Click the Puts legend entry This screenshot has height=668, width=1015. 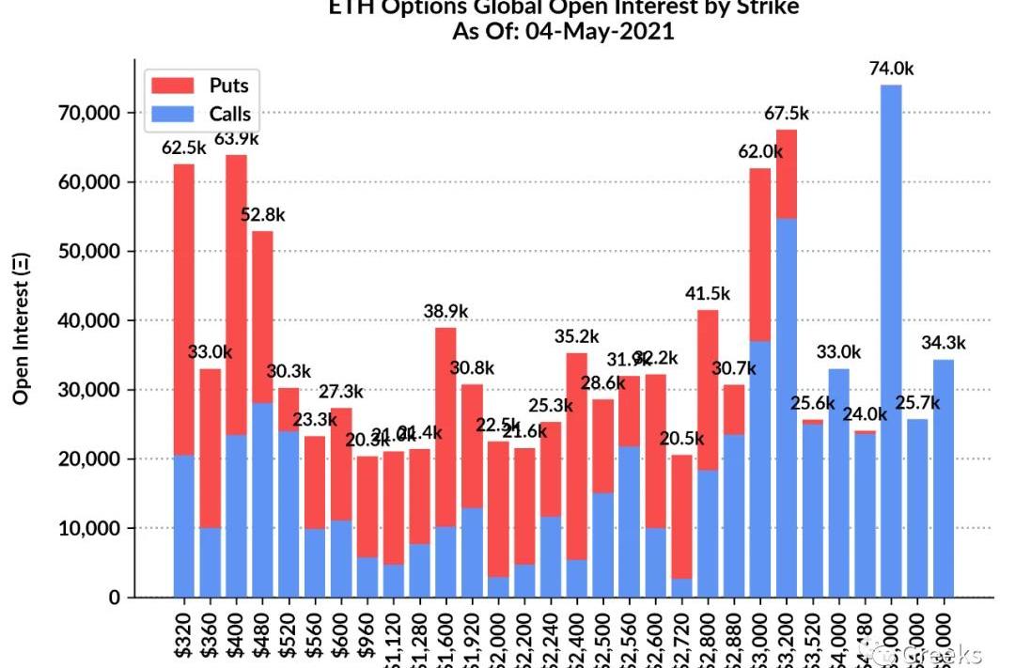[201, 85]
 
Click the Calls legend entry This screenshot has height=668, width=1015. [201, 115]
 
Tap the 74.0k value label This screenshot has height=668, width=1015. [890, 69]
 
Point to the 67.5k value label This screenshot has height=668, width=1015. [786, 114]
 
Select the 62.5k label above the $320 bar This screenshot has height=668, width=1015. [184, 148]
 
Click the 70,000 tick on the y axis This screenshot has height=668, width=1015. [84, 113]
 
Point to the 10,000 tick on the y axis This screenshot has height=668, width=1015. [84, 529]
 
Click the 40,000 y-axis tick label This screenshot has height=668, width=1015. [84, 320]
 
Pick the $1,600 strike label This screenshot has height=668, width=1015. [445, 639]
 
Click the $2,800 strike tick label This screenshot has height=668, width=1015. [708, 639]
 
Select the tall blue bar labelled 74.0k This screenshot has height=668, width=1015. [891, 338]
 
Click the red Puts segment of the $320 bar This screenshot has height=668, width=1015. [184, 310]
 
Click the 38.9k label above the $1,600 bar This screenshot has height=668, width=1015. [445, 311]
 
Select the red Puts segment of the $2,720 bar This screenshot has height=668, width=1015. [681, 517]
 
